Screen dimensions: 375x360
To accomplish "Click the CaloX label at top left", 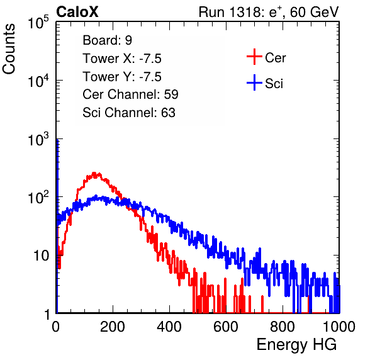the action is click(77, 12).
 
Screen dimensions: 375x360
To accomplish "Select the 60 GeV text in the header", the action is click(315, 12).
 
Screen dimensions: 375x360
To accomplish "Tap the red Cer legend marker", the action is click(254, 57).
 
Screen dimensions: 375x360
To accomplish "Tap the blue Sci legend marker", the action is click(254, 83).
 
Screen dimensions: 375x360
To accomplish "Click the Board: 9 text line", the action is click(107, 40).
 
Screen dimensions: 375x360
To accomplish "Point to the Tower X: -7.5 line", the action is click(122, 59).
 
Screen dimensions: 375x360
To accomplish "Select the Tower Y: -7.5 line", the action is click(122, 77).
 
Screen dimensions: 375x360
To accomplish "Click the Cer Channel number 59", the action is click(171, 94).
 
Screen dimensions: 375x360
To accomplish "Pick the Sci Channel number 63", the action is click(168, 113).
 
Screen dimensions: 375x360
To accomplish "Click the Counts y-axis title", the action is click(9, 49).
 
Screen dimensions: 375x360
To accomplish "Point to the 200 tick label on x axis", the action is click(113, 327).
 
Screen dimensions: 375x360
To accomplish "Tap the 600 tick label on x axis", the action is click(226, 327).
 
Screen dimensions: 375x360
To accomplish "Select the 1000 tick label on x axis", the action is click(339, 327).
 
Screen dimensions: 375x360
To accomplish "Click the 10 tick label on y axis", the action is click(41, 256).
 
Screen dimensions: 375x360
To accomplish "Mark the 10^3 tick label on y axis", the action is click(38, 139).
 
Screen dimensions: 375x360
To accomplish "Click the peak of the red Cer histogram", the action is click(94, 173).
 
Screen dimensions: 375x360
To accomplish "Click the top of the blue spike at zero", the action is click(57, 140).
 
